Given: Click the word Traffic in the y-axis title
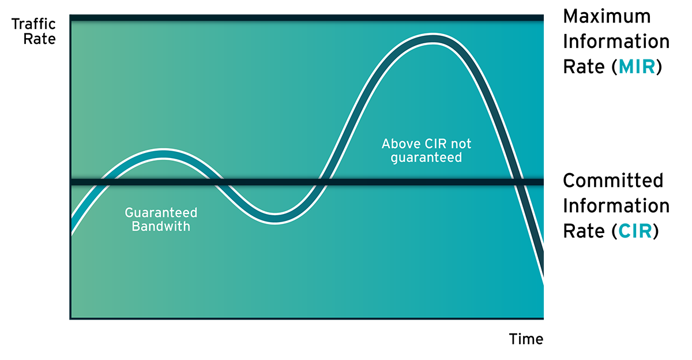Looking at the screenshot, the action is tap(33, 24).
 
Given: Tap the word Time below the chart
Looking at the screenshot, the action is tap(526, 339).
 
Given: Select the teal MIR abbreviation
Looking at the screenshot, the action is tap(637, 66).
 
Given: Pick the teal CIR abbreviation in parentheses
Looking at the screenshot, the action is tap(635, 231).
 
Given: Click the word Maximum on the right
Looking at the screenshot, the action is tap(607, 16).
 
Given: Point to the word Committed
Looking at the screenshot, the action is tap(613, 181).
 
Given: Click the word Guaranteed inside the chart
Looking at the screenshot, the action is tap(161, 213).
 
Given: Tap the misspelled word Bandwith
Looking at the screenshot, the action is tap(161, 226).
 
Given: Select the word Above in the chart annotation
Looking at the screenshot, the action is tap(401, 144).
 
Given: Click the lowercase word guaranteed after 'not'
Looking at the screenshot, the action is tap(426, 157).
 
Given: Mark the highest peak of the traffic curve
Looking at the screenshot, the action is tap(433, 39).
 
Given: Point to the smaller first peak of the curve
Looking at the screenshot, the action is tap(163, 153).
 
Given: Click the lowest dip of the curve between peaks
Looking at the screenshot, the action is tap(275, 219).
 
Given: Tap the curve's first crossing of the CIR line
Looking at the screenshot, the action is tap(106, 182).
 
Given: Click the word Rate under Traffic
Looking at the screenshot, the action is tap(40, 39).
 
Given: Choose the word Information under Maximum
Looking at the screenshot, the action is tap(616, 42).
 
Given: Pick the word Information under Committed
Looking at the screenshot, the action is tap(616, 206).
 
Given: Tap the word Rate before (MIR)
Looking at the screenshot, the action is tap(584, 66).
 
